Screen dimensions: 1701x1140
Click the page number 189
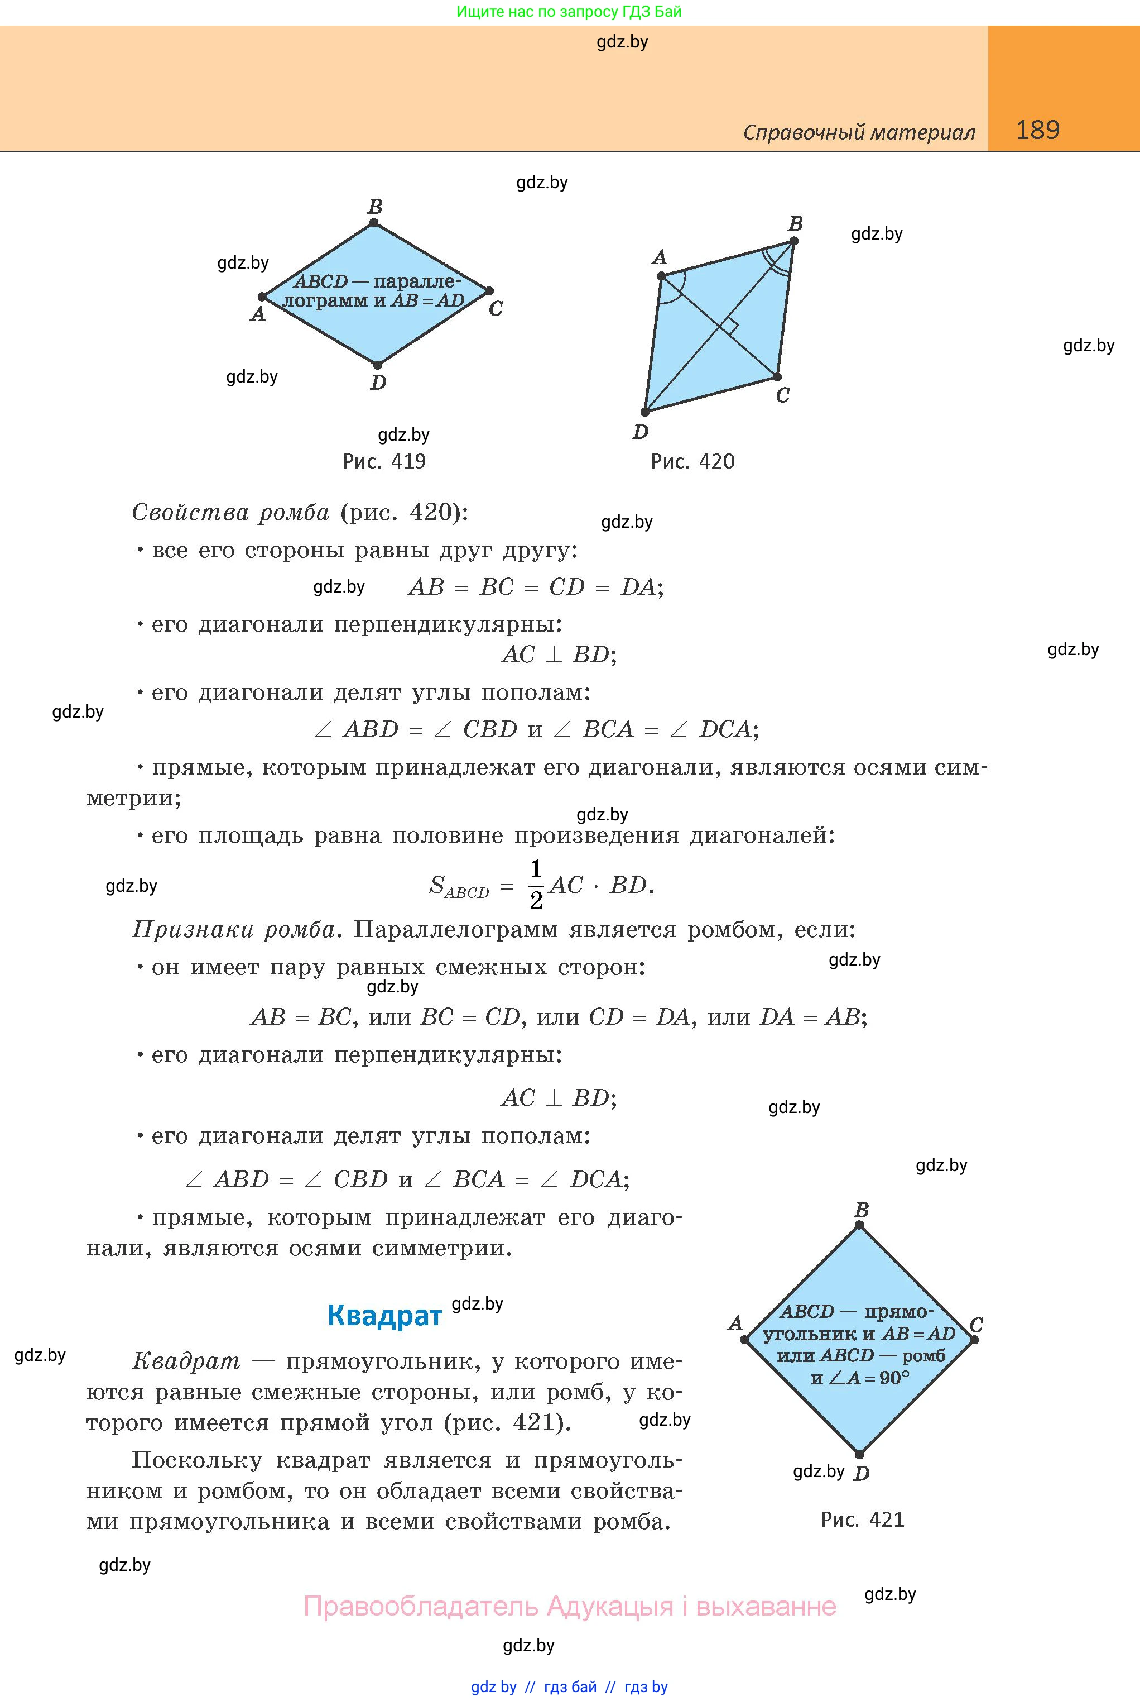(x=1037, y=130)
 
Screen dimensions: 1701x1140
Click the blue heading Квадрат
(x=384, y=1316)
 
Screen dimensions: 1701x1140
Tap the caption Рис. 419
(x=384, y=461)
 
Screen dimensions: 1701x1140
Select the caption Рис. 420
(x=692, y=461)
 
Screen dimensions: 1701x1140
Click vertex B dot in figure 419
(x=374, y=223)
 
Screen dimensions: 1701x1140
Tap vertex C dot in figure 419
(x=489, y=291)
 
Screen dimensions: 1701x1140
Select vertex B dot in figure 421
(x=859, y=1225)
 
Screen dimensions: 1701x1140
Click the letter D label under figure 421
(x=862, y=1474)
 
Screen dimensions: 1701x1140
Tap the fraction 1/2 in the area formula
(x=536, y=885)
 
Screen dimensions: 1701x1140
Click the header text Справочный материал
(x=859, y=132)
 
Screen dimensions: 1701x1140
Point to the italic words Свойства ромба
(x=230, y=512)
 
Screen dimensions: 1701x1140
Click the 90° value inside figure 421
(x=893, y=1378)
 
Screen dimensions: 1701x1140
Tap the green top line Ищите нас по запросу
(x=569, y=12)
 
